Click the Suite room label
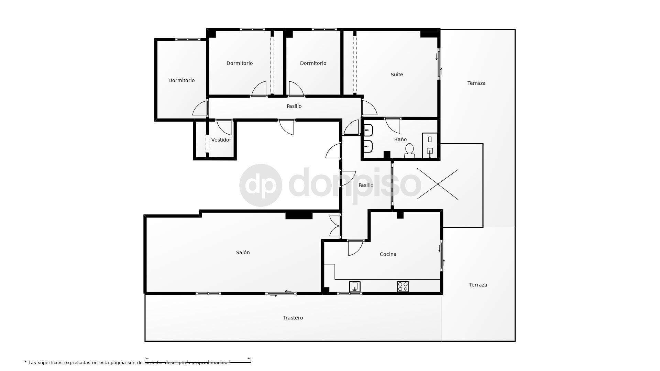coord(397,75)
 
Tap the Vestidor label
coord(221,140)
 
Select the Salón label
coord(243,252)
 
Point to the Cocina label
coord(388,254)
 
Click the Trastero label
coord(293,318)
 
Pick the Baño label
coord(400,139)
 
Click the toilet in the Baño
coord(409,150)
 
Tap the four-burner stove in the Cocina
coord(403,286)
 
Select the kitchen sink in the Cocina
coord(355,286)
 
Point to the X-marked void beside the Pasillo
coord(437,184)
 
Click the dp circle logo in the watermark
coord(261,185)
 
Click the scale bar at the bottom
coord(198,362)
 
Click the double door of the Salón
coord(335,226)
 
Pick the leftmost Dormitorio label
coord(181,80)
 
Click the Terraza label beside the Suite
coord(476,83)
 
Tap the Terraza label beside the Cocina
coord(478,285)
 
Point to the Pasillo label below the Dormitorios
coord(294,106)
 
